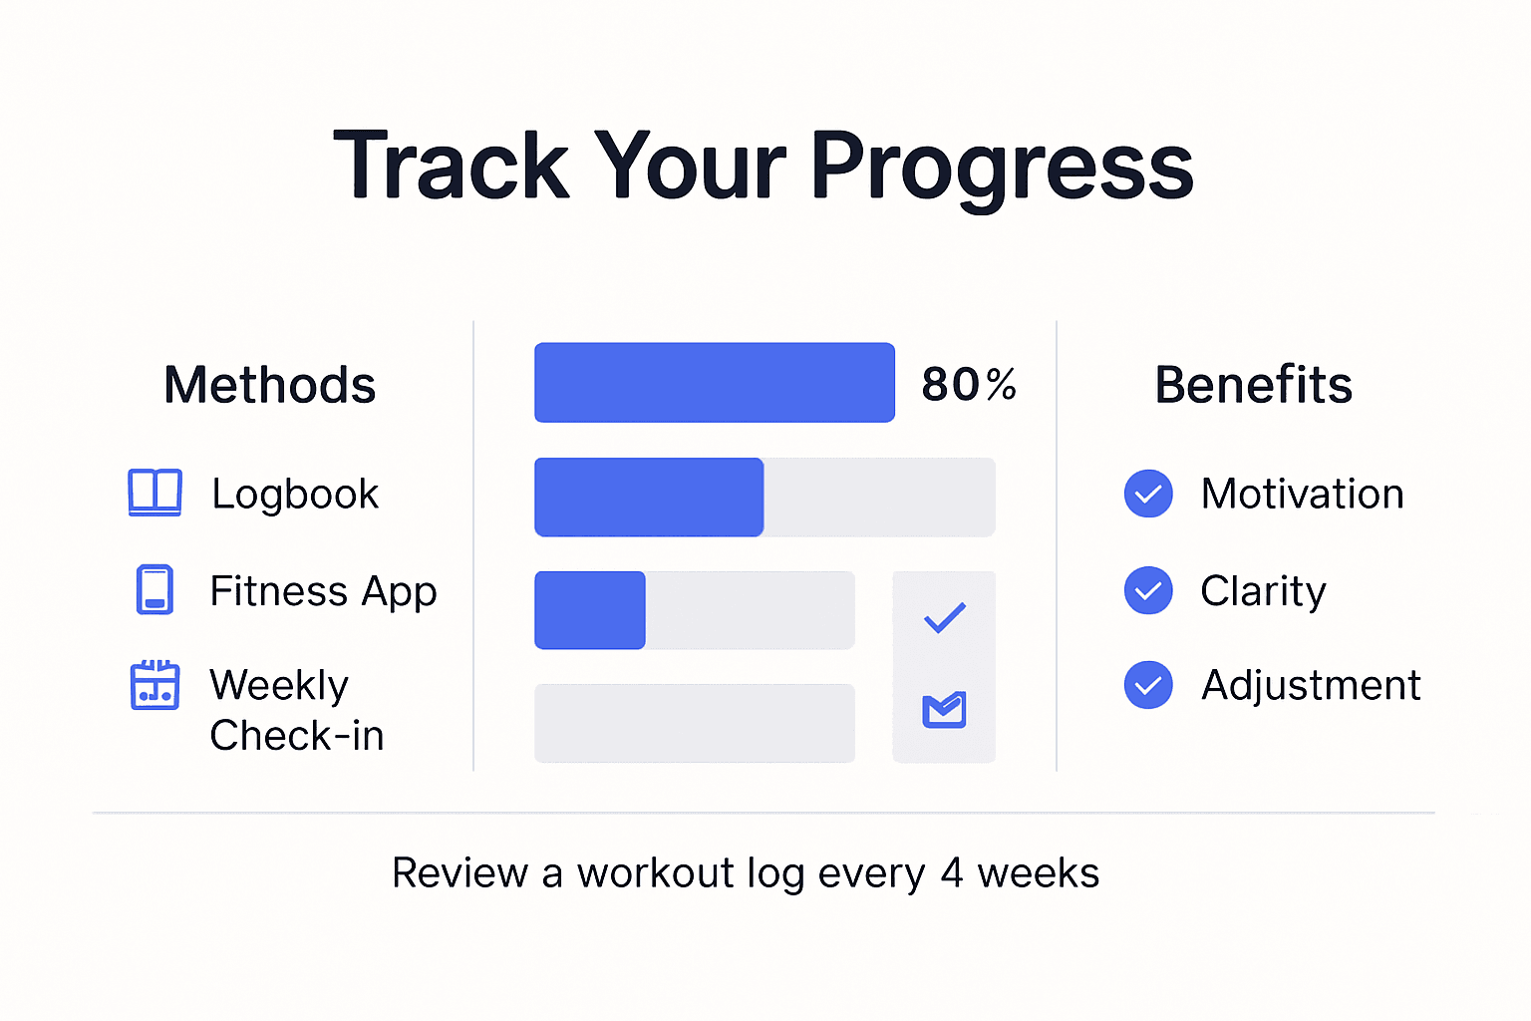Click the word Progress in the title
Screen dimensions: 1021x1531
tap(1002, 168)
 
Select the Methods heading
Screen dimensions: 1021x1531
tap(269, 385)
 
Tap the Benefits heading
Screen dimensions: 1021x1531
tap(1253, 385)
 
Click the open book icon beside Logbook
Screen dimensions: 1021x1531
tap(154, 493)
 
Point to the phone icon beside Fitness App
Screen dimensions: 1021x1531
tap(154, 589)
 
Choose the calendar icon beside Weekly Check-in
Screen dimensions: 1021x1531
tap(154, 685)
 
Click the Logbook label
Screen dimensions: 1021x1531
tap(295, 494)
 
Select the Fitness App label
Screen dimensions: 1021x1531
tap(323, 591)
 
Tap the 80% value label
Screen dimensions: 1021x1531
tap(968, 384)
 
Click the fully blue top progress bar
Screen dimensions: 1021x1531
tap(714, 383)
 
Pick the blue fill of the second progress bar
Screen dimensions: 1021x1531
tap(649, 497)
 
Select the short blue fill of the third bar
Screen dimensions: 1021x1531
tap(590, 610)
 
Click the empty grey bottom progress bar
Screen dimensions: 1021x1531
tap(694, 723)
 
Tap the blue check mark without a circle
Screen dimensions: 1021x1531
tap(944, 618)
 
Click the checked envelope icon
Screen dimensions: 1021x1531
tap(944, 709)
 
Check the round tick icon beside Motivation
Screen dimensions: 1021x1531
tap(1148, 494)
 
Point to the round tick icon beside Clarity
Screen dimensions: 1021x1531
tap(1148, 590)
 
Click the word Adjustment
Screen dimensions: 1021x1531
tap(1311, 685)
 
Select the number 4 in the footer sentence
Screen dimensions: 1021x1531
tap(952, 873)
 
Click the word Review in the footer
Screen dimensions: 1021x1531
tap(459, 873)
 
